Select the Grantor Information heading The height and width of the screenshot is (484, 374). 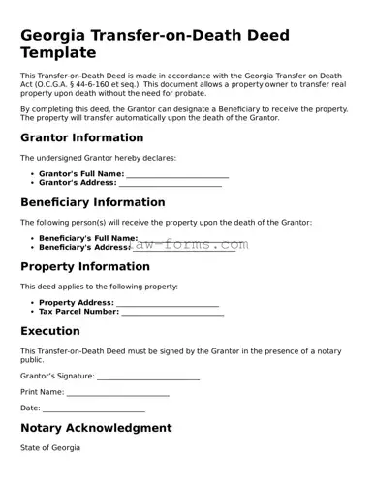82,137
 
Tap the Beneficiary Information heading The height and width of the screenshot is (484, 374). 92,202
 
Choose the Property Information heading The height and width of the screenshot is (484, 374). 85,266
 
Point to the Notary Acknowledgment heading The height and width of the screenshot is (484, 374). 96,427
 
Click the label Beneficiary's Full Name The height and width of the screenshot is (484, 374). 87,238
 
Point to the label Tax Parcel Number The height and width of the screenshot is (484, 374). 78,312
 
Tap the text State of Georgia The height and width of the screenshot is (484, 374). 50,448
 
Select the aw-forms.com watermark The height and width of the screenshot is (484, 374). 191,245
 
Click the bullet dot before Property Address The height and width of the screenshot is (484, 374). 32,303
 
